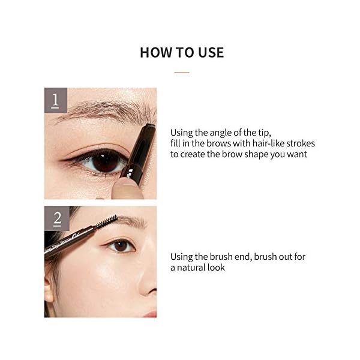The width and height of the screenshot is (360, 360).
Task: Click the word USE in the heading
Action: pyautogui.click(x=209, y=52)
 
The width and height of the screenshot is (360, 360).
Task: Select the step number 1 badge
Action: pyautogui.click(x=55, y=100)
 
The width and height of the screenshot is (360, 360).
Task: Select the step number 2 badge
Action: pyautogui.click(x=57, y=218)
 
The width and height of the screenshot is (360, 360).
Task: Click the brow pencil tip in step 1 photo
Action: pyautogui.click(x=150, y=127)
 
